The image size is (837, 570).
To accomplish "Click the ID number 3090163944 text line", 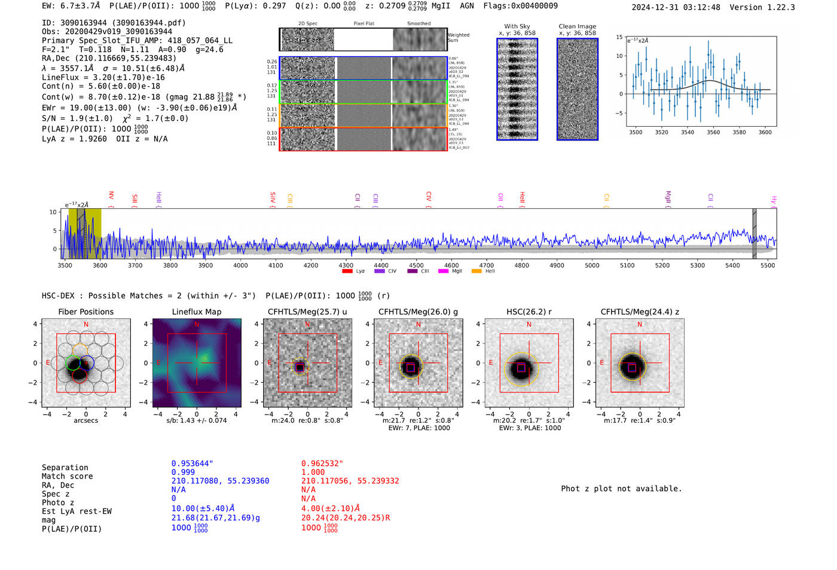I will coord(114,23).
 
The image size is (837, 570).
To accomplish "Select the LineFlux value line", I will coord(103,77).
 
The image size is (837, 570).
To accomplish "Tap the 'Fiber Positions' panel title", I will coord(85,312).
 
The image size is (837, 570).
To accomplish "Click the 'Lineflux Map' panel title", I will coord(196,312).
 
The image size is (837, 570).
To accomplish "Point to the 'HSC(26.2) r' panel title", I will coord(529,312).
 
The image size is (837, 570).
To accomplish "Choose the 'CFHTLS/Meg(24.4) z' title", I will coord(640,312).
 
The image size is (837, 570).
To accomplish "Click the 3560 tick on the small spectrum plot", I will coord(713,132).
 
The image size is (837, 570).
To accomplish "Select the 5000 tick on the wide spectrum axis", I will coord(592,265).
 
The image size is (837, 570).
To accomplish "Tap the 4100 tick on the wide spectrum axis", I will coord(276,265).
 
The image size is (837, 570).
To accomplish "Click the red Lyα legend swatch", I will coord(347,271).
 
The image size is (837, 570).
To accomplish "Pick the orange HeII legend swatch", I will coord(476,271).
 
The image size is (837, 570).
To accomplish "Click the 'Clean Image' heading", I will coord(577,26).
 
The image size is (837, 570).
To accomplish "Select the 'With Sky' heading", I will coord(517,26).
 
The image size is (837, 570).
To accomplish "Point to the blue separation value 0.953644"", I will coord(192,464).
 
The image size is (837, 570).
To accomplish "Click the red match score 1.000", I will coord(313,472).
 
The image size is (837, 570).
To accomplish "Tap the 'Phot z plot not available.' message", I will coord(621,489).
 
